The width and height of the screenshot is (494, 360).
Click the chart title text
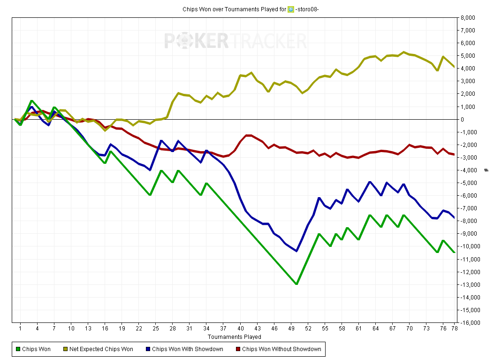(251, 9)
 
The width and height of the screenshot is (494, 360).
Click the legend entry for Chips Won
(33, 349)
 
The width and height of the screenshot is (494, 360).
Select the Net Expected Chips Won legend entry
(99, 349)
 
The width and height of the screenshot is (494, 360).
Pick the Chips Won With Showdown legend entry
(185, 349)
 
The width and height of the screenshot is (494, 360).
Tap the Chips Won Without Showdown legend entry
(279, 349)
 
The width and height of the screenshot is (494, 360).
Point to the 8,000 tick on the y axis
(468, 18)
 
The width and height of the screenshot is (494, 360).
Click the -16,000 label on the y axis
(470, 323)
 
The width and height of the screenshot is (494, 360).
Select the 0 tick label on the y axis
(462, 120)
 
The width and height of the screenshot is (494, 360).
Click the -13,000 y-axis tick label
(470, 284)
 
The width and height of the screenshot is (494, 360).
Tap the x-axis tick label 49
(291, 329)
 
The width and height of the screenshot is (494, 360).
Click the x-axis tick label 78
(454, 329)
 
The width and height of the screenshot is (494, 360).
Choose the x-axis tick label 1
(21, 329)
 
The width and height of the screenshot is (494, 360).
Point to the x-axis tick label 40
(241, 329)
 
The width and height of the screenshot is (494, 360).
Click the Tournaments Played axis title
(235, 337)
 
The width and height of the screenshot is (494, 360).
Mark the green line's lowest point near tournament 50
(297, 283)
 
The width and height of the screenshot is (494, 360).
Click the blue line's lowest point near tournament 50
(297, 251)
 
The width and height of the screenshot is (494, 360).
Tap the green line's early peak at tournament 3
(31, 101)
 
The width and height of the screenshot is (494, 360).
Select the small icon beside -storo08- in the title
(291, 9)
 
